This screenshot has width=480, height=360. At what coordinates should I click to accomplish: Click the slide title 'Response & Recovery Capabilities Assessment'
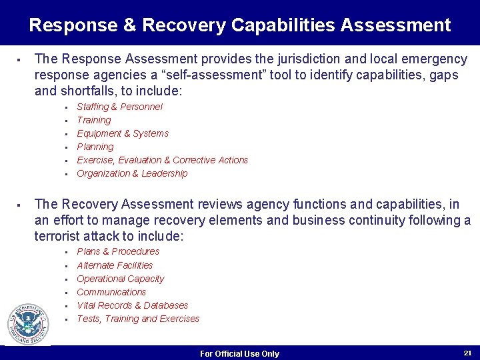click(240, 25)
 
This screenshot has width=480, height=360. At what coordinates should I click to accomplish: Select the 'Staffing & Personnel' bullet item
click(119, 107)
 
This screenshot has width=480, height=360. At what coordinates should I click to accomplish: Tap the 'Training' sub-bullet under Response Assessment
click(94, 120)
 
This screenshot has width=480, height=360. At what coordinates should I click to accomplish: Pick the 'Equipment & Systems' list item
click(123, 133)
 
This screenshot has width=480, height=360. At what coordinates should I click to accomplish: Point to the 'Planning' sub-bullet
click(95, 147)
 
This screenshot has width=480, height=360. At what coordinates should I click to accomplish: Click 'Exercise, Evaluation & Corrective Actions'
click(162, 160)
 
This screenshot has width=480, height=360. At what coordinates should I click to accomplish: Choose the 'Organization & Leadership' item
click(132, 173)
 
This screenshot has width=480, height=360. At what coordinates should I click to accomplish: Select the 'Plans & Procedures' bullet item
click(118, 251)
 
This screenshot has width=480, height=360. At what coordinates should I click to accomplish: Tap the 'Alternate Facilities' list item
click(115, 265)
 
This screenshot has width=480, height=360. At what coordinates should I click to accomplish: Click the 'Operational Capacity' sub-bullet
click(120, 279)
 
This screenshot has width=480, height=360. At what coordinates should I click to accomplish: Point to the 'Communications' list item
click(111, 292)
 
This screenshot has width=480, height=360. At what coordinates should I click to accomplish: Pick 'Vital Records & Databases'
click(132, 305)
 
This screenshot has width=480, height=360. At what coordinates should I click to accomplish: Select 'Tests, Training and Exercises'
click(138, 319)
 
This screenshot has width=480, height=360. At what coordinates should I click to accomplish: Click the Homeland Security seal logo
click(28, 324)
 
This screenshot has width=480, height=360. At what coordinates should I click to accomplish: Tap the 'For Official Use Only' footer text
click(239, 353)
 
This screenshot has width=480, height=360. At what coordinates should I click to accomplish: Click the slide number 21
click(467, 352)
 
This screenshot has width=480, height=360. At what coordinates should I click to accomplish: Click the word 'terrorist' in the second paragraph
click(58, 236)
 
